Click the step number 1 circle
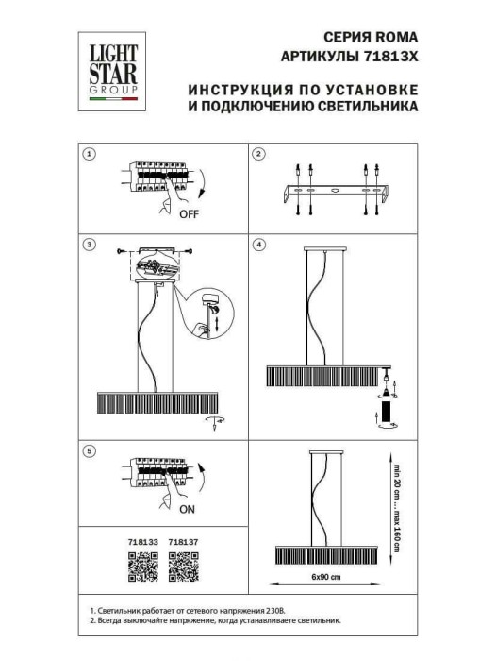[89, 154]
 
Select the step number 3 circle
[89, 245]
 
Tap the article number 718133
[141, 543]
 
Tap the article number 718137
[181, 543]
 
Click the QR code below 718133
[141, 566]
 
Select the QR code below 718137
[180, 566]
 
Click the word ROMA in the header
[393, 39]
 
